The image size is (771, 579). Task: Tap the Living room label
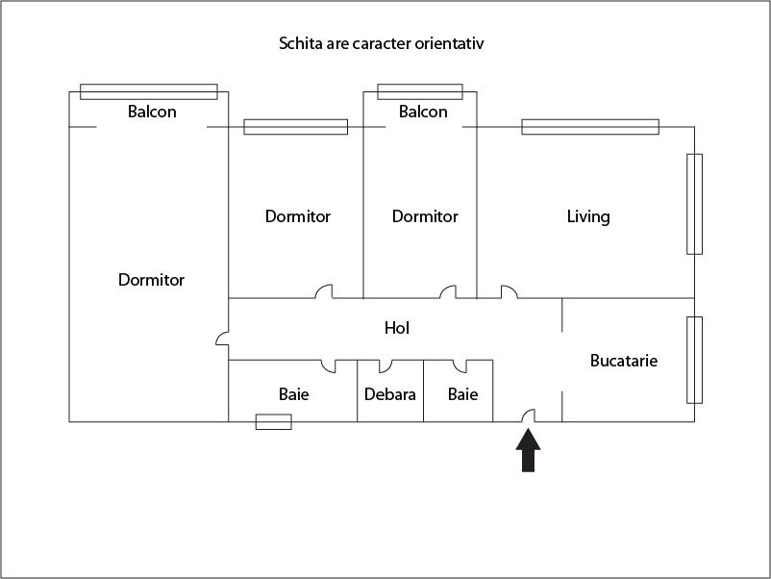coord(587,216)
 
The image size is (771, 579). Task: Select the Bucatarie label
coord(624,361)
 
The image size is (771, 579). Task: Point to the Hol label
coord(397,328)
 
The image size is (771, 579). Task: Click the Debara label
coord(390,394)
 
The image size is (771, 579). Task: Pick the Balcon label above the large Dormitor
coord(152,112)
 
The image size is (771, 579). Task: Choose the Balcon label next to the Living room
coord(423,112)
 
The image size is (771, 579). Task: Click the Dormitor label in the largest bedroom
coord(151,280)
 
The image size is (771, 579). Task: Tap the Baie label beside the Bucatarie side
coord(462,394)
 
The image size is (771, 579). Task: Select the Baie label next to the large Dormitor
coord(294,394)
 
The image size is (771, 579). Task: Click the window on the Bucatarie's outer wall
coord(694,360)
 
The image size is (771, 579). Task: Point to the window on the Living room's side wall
coord(694,203)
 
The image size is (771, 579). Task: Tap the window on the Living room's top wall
coord(590,126)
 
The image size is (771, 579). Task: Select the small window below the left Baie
coord(273,421)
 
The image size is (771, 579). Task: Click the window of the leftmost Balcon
coord(149,91)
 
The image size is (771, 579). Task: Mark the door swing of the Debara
coord(385,365)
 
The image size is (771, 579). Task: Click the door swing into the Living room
coord(509,291)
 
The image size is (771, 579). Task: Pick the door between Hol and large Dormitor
coord(222,339)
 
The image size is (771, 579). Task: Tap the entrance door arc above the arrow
coord(528,415)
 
